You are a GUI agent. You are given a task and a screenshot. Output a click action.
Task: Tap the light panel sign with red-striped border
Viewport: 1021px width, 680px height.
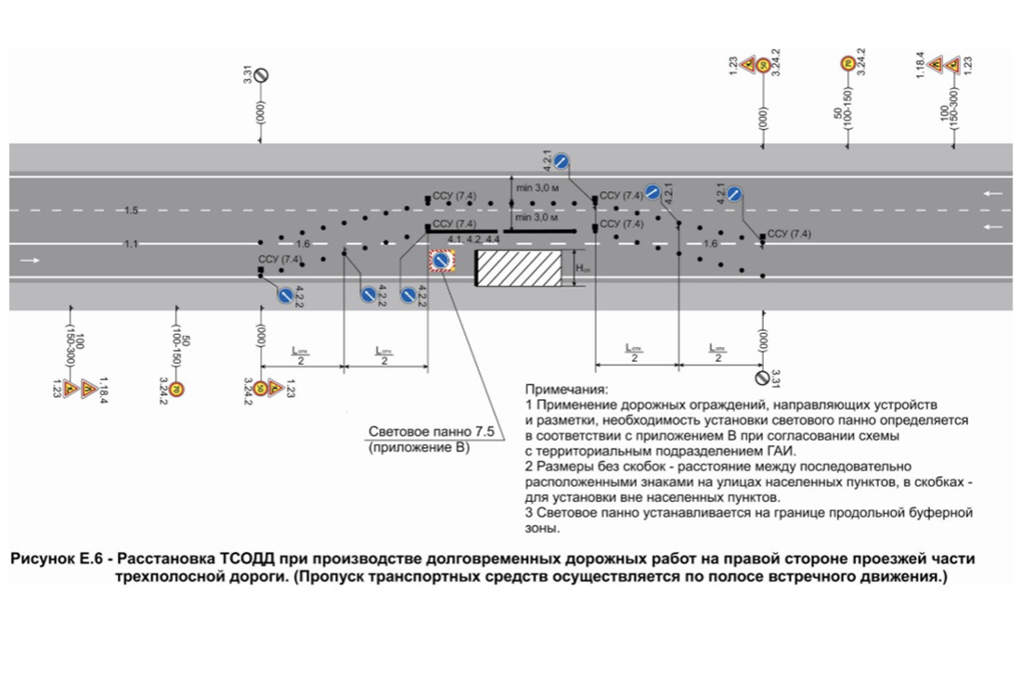[441, 262]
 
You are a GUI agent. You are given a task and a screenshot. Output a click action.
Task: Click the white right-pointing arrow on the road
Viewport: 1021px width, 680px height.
[31, 261]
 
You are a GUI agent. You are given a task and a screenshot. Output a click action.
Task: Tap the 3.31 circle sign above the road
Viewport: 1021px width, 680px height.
[262, 75]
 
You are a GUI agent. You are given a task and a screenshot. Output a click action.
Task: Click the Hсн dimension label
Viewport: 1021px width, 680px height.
[583, 268]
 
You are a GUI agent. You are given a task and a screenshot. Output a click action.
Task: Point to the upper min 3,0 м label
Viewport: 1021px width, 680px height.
[538, 188]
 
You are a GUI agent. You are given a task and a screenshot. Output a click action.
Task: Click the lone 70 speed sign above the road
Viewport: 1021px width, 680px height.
[847, 64]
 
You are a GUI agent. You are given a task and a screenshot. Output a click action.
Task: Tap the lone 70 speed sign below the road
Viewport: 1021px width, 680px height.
[176, 389]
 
